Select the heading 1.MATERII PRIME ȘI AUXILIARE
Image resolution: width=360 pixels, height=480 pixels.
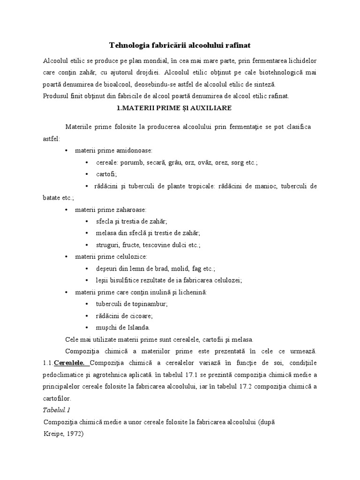coord(180,108)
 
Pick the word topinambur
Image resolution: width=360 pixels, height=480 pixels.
coord(150,304)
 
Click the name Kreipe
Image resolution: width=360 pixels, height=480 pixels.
coord(51,434)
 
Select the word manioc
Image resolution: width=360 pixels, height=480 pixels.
coord(266,186)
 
